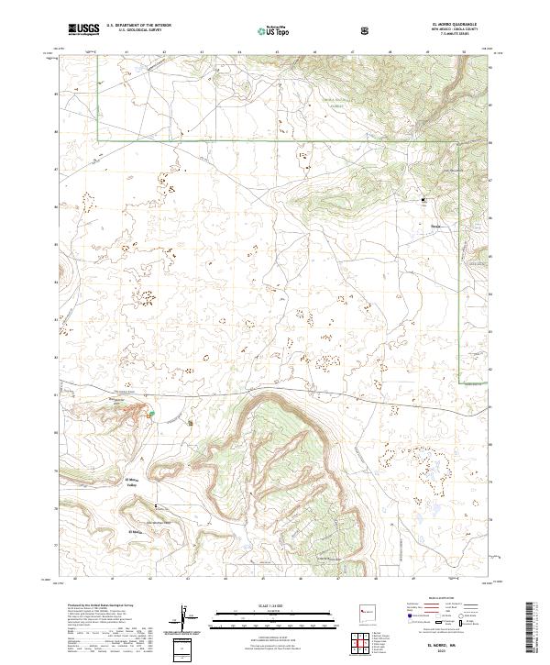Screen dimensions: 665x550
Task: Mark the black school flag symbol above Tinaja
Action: click(423, 198)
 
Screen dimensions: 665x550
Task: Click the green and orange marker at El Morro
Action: click(151, 415)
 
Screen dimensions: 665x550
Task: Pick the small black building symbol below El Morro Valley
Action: click(156, 505)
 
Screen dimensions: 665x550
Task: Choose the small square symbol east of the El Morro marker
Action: click(191, 423)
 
